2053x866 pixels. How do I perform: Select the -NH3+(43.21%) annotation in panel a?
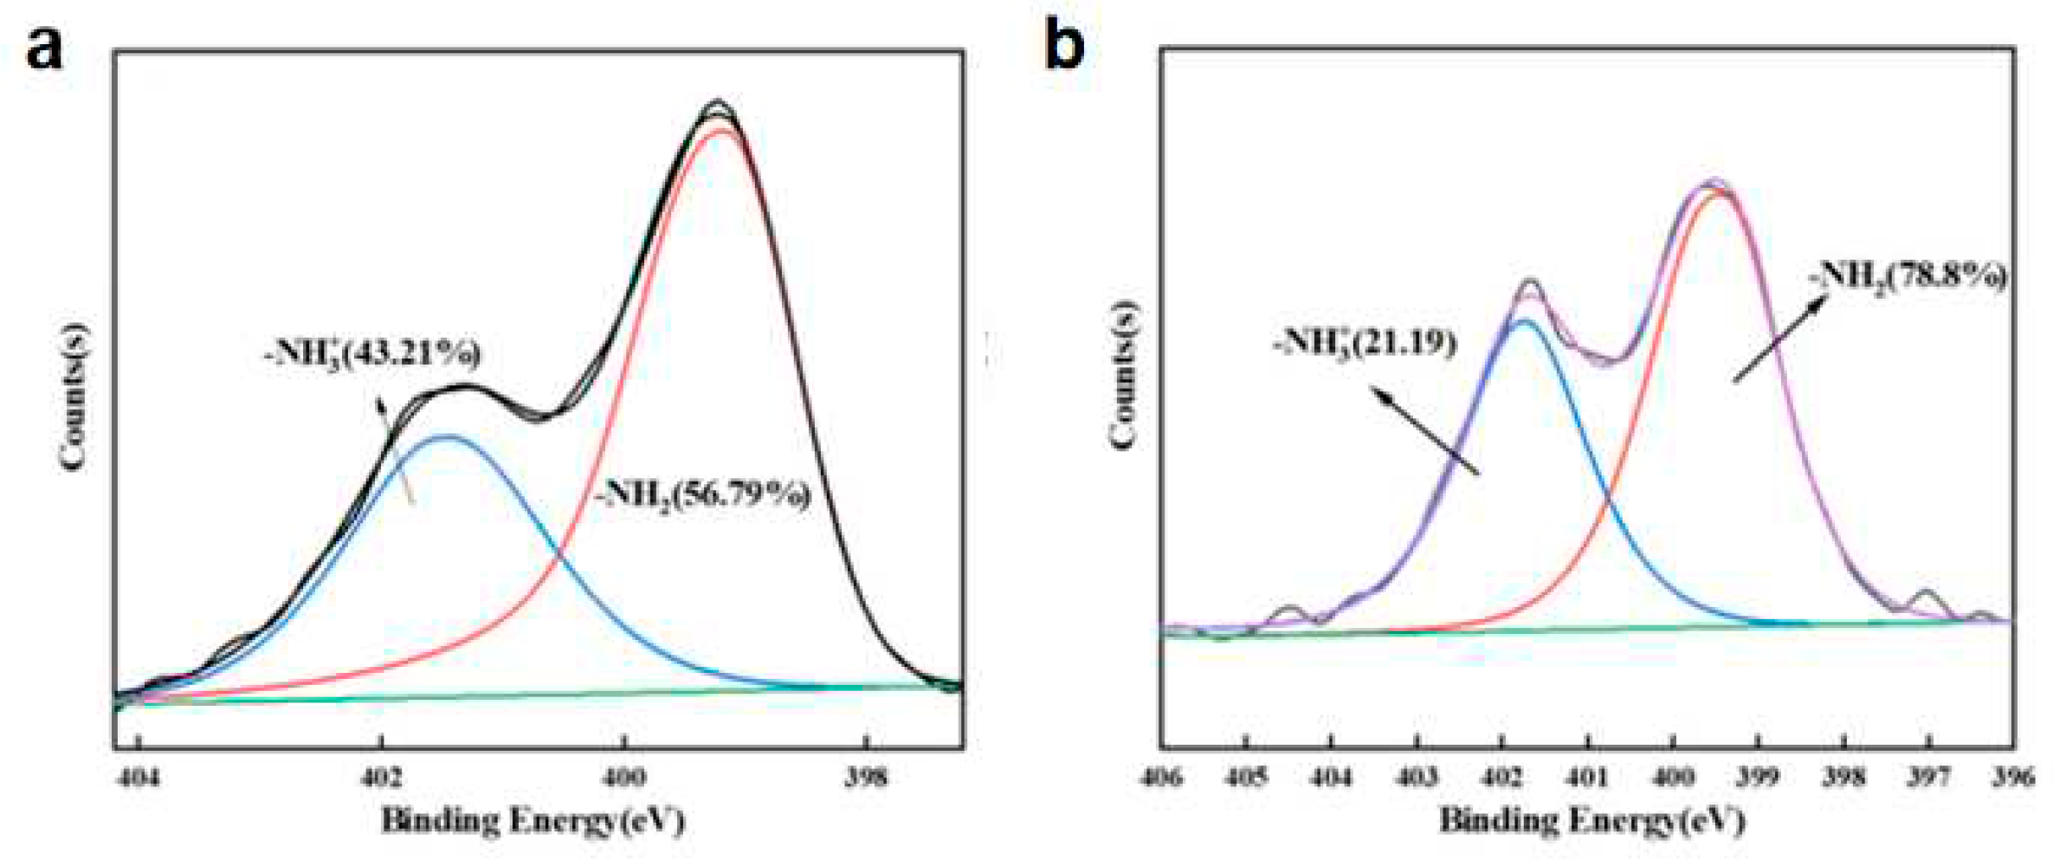point(373,354)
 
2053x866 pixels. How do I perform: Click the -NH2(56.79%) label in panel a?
point(703,495)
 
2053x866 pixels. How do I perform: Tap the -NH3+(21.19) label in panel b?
point(1365,344)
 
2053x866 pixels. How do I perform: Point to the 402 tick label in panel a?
point(382,777)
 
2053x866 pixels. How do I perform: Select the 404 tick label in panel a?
point(139,777)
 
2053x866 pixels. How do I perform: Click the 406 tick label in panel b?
point(1162,777)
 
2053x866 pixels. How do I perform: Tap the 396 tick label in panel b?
point(2013,777)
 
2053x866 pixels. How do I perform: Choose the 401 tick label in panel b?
point(1589,777)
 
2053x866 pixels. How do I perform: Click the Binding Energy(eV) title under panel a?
point(533,820)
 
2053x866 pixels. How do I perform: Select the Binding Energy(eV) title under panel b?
point(1591,818)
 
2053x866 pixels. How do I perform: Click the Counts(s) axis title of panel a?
point(74,397)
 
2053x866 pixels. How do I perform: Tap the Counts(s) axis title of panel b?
point(1124,375)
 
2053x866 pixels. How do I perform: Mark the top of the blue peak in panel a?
point(447,436)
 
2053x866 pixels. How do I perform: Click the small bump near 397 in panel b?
point(1927,594)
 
